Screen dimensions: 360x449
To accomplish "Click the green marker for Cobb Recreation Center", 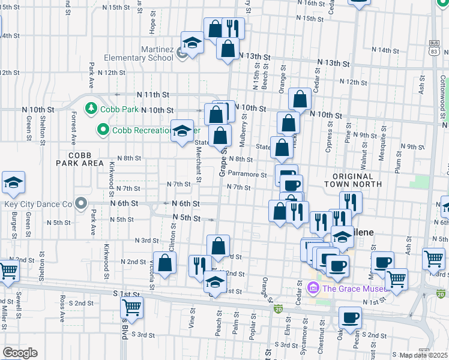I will pos(103,129).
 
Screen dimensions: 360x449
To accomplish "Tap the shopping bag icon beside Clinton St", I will pos(164,262).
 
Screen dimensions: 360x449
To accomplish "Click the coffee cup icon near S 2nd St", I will pos(350,317).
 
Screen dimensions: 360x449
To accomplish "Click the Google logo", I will pos(20,353).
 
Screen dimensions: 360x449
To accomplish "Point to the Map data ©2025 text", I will pos(423,355).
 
